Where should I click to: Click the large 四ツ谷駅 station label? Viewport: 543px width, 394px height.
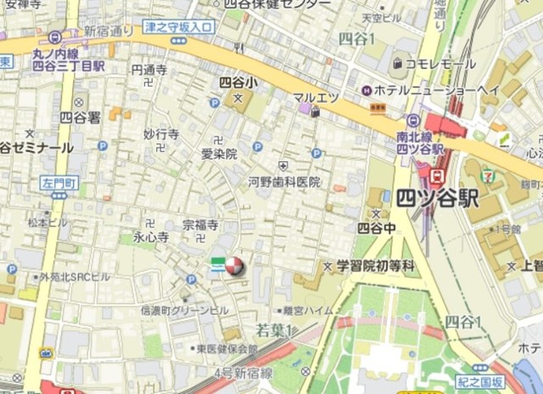[436, 200]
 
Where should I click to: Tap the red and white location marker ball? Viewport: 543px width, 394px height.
[233, 267]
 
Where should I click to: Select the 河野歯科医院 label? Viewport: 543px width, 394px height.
[284, 182]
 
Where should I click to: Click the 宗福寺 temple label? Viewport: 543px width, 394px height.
[200, 225]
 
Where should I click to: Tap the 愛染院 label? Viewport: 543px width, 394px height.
[219, 154]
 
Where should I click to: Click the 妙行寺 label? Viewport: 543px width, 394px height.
[160, 134]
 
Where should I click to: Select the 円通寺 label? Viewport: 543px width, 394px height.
[149, 70]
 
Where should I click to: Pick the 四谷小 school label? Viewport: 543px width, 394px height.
[237, 83]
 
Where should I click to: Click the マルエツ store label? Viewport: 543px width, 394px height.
[316, 97]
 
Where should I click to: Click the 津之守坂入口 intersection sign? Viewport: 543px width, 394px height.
[178, 27]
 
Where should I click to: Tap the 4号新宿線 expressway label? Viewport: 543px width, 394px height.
[243, 373]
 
